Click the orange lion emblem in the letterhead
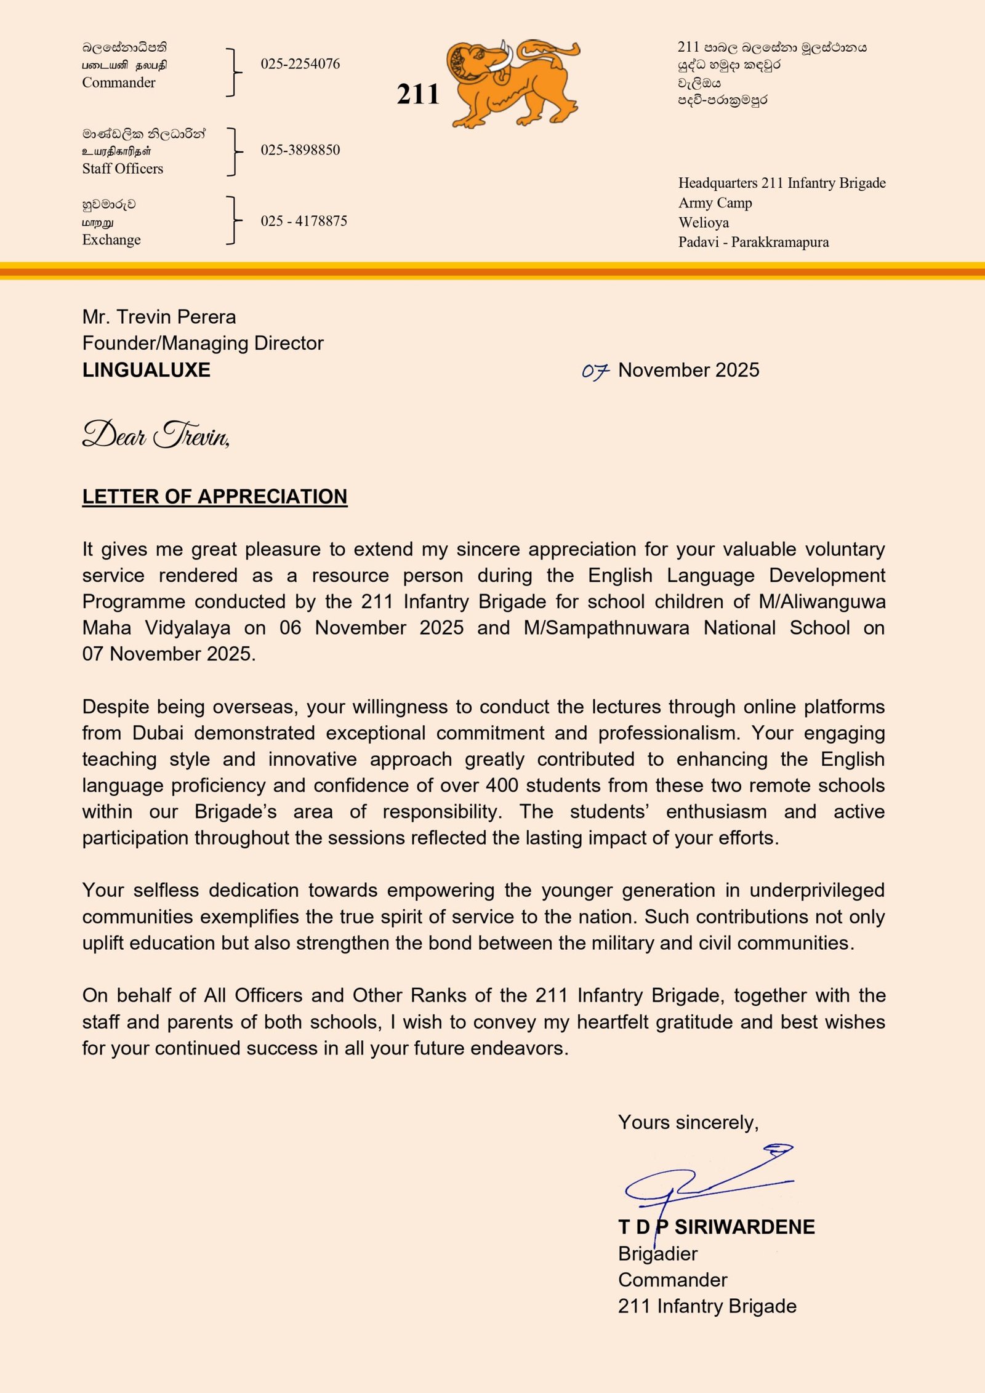pos(514,83)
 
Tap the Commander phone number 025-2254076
pos(300,64)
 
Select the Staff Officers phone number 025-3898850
pos(300,150)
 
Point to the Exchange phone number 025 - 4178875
pos(304,221)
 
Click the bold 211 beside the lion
pos(418,95)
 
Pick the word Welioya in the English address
pos(704,223)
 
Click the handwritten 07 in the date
pos(595,371)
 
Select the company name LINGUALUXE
pos(147,370)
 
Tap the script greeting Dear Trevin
pos(156,435)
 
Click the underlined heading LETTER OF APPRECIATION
pos(215,497)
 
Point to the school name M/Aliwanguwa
pos(822,601)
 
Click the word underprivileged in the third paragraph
pos(817,890)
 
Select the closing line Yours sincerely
pos(688,1122)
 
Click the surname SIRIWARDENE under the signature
pos(744,1227)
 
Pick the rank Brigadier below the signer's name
pos(657,1253)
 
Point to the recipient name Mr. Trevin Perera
pos(159,317)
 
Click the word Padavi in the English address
pos(698,243)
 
